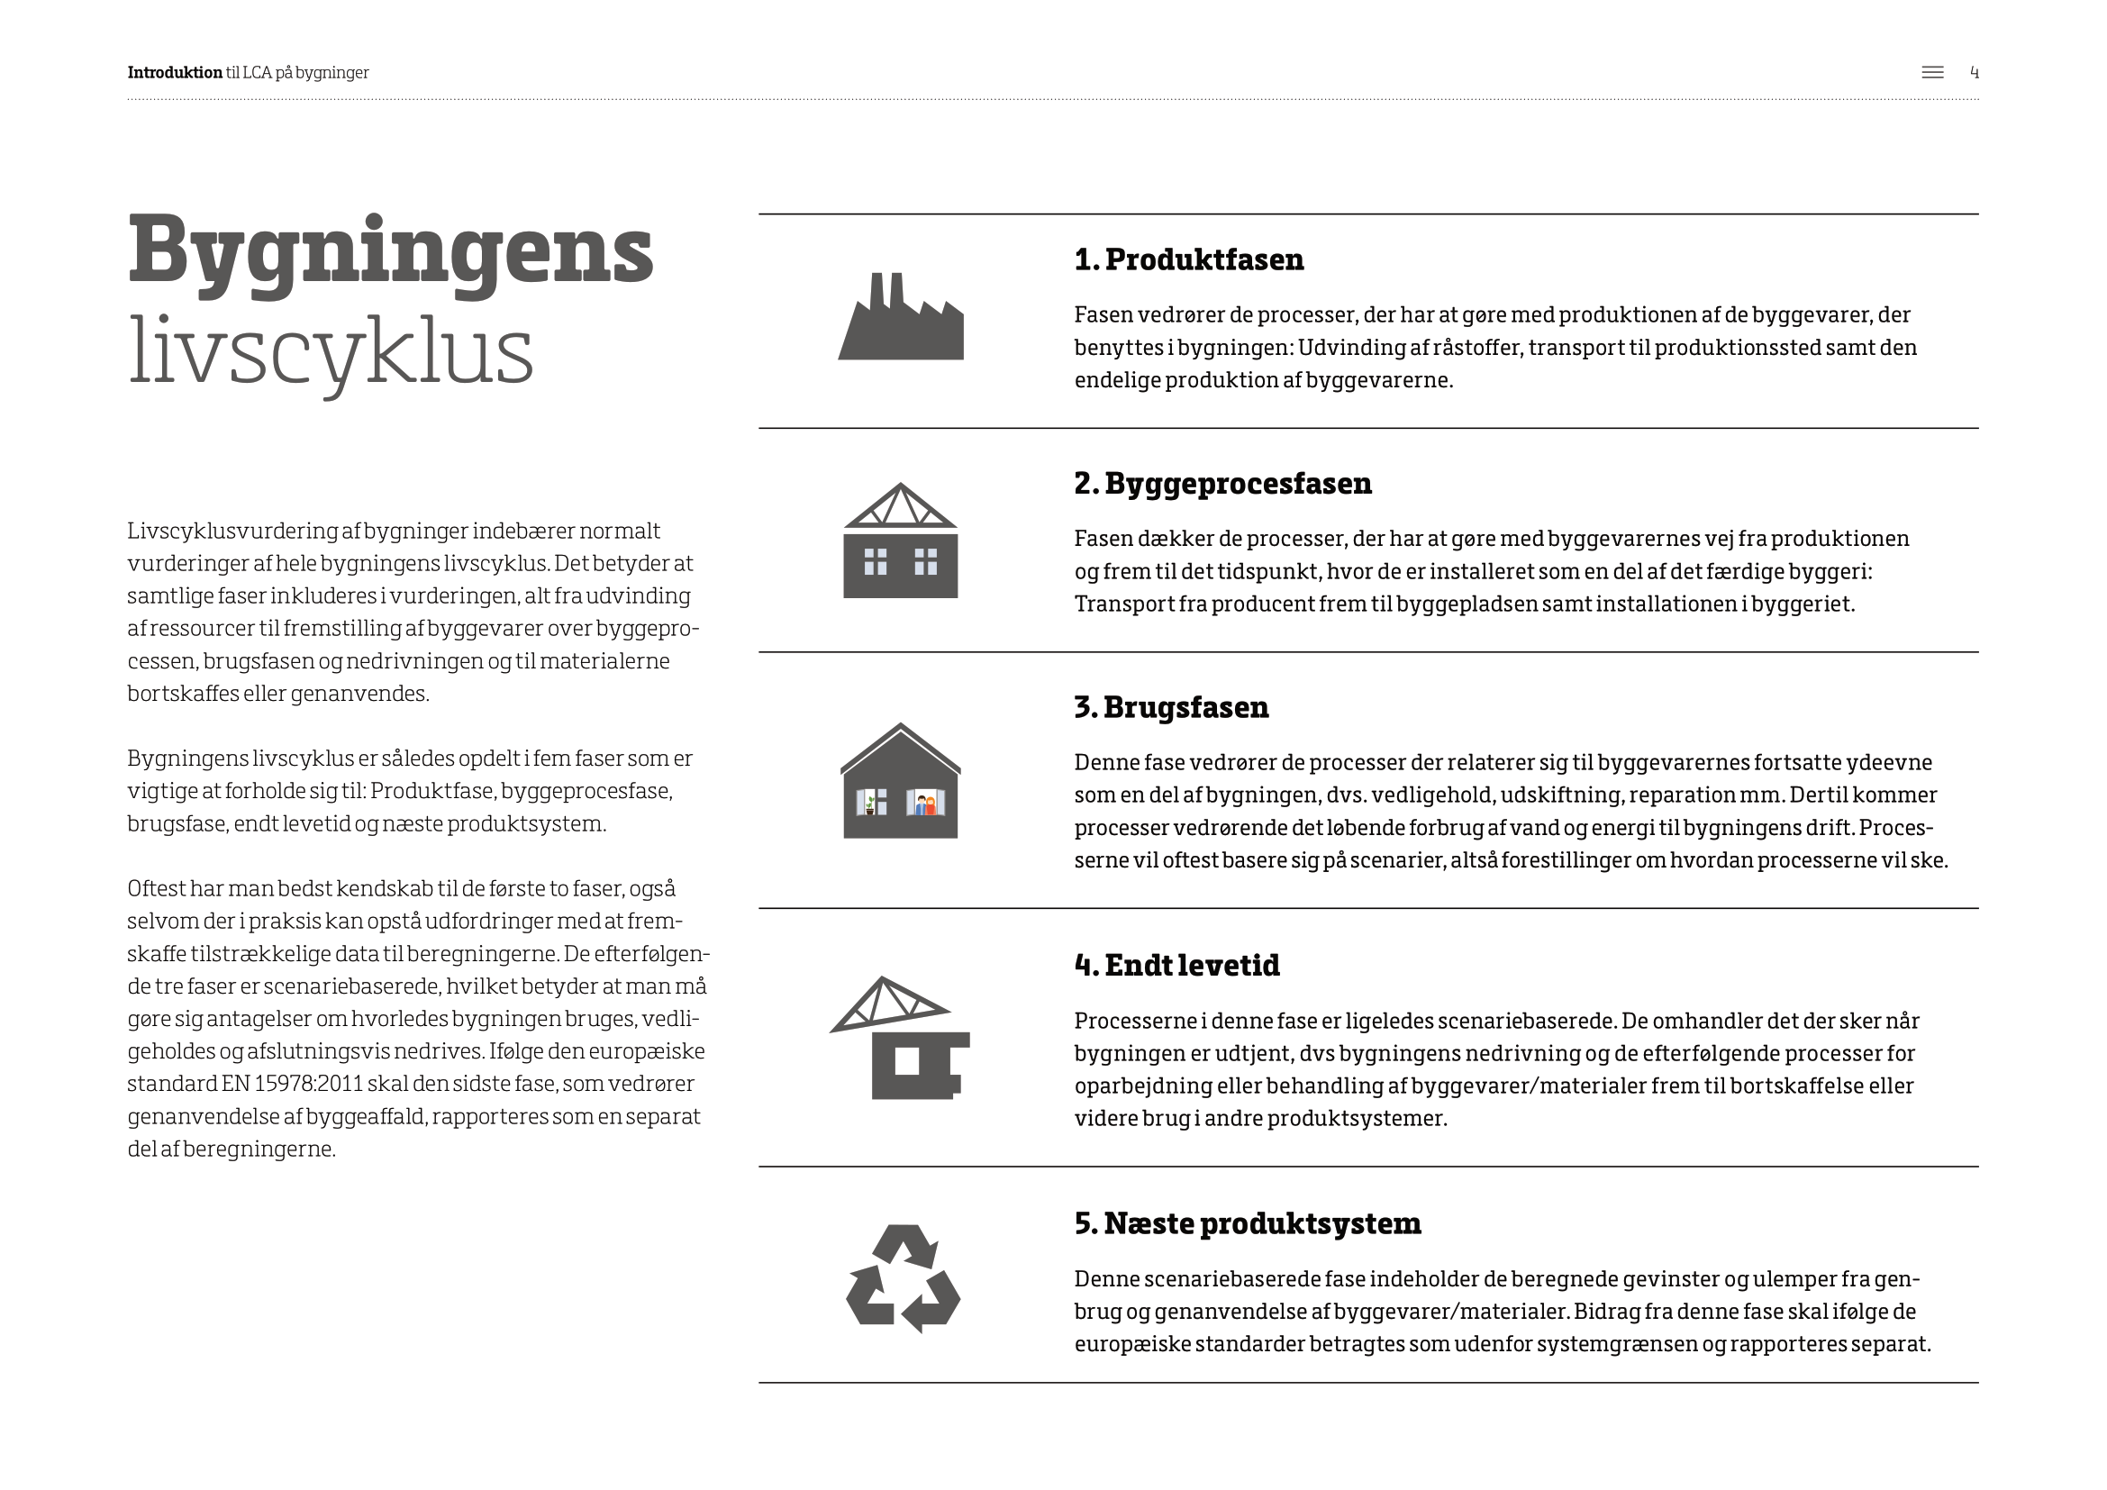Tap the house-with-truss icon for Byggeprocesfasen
click(900, 543)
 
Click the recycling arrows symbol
click(903, 1278)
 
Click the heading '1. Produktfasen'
click(1188, 259)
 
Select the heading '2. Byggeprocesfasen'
click(1222, 484)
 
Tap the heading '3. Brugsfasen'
click(1171, 707)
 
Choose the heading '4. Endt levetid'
click(1176, 965)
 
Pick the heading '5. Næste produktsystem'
click(1247, 1224)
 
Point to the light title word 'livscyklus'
click(331, 353)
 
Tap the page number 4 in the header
click(1974, 72)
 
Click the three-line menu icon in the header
click(1932, 72)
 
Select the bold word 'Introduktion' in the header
click(175, 72)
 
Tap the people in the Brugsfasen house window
click(926, 804)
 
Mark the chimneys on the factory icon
click(886, 290)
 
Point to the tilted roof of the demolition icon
click(886, 1004)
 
